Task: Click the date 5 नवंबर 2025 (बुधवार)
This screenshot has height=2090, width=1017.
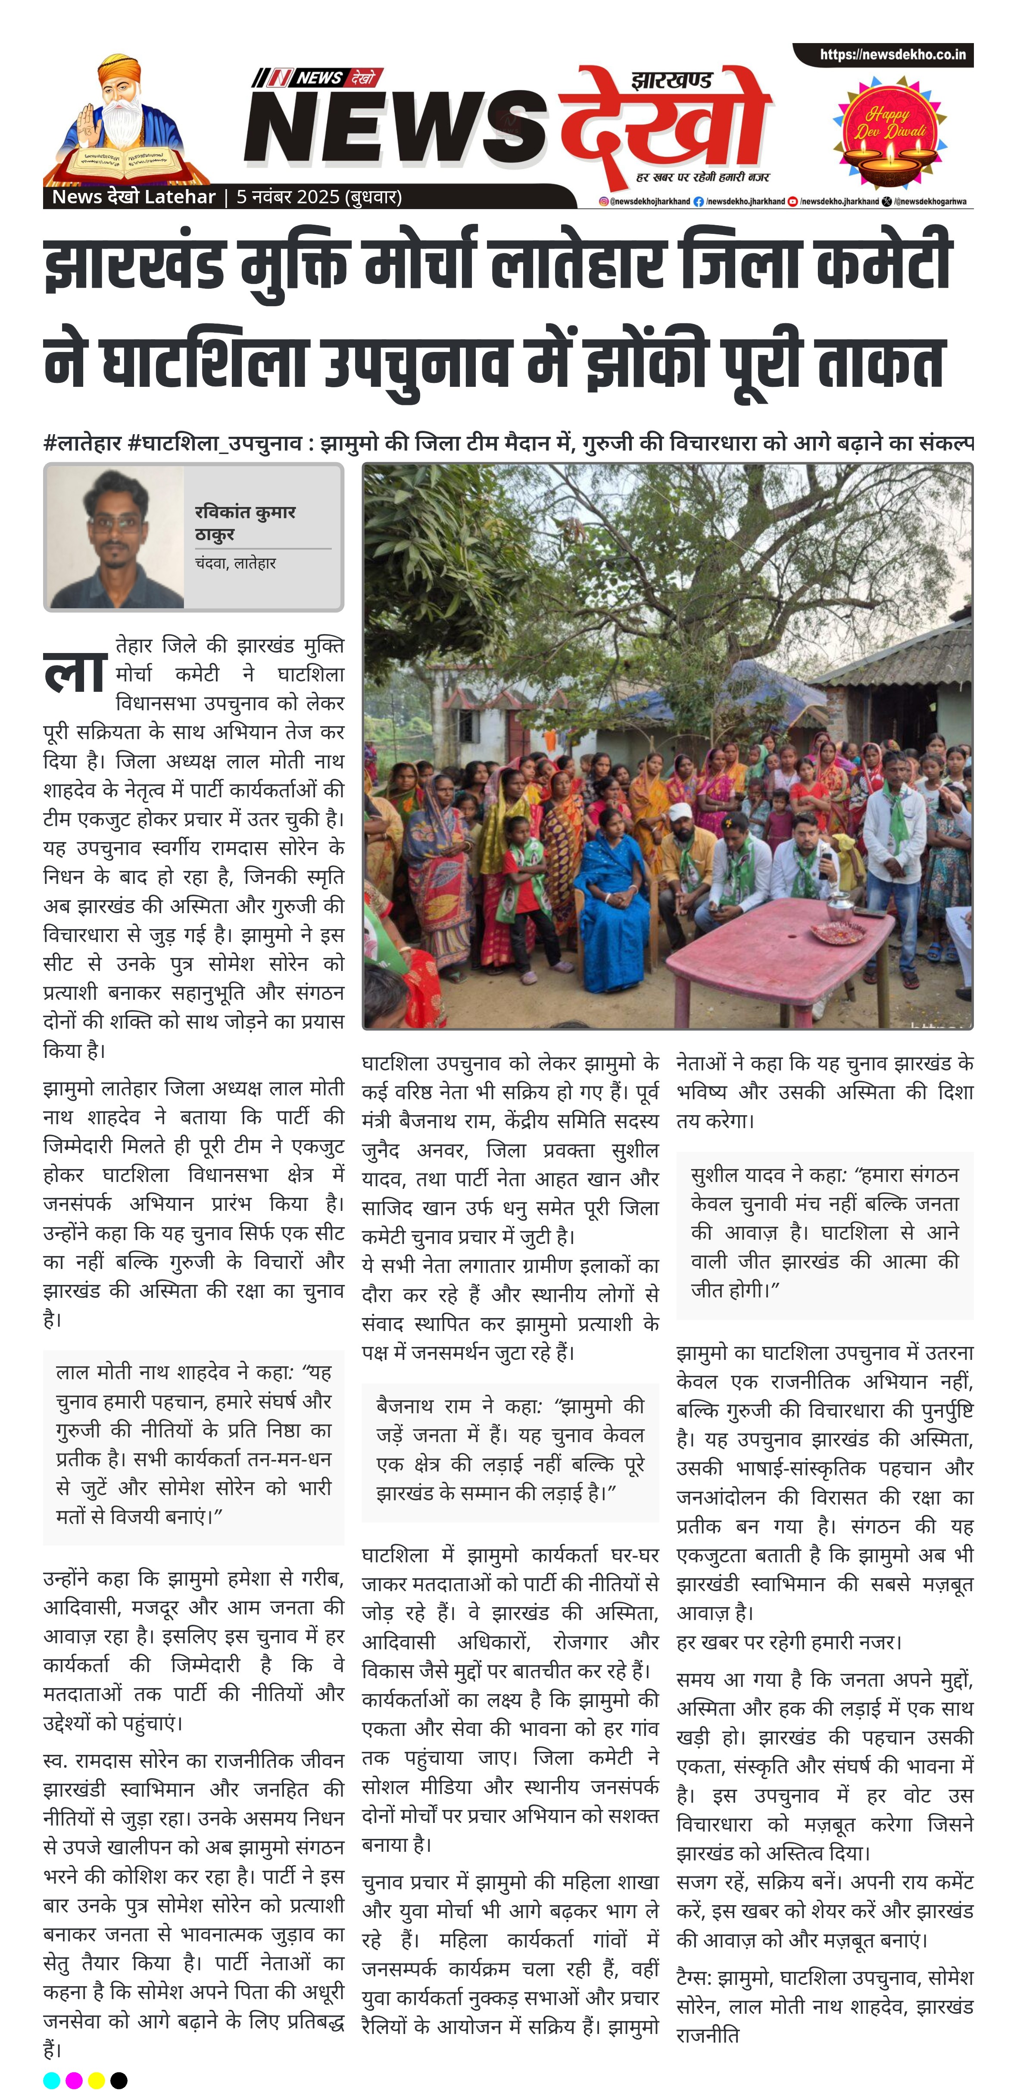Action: (x=319, y=197)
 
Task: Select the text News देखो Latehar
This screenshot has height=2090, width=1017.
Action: (x=133, y=197)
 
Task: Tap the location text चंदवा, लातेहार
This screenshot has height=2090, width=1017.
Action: (x=235, y=563)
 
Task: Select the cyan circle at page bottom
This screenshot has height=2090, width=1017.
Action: (x=51, y=2080)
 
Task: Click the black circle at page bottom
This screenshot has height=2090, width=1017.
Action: (x=119, y=2080)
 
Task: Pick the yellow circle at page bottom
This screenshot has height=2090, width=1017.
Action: (x=96, y=2080)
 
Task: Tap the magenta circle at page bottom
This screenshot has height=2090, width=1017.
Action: (x=74, y=2080)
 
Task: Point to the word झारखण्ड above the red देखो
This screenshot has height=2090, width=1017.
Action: (x=672, y=80)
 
